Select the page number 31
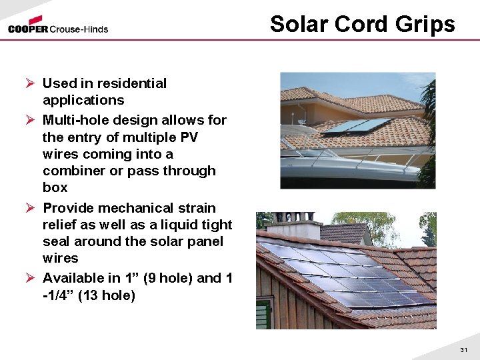pyautogui.click(x=464, y=350)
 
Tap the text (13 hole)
pyautogui.click(x=107, y=295)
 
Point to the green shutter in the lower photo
pyautogui.click(x=263, y=313)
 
